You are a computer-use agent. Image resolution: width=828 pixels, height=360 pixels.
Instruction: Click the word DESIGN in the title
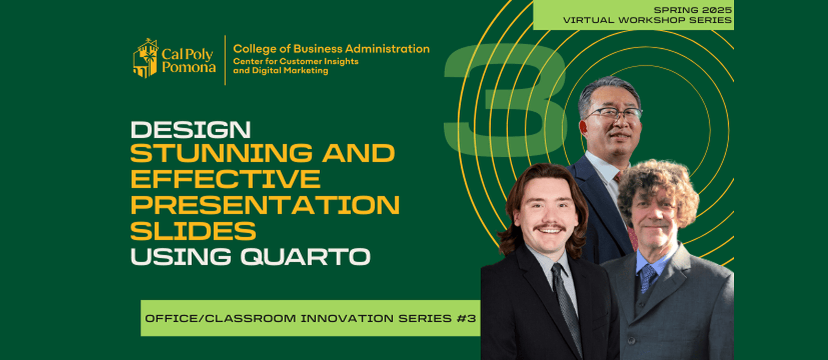[191, 129]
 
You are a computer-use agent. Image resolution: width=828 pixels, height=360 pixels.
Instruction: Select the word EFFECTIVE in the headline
[226, 179]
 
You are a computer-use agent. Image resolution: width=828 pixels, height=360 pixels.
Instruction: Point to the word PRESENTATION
[265, 205]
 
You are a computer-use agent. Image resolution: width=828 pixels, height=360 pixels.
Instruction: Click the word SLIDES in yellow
[193, 231]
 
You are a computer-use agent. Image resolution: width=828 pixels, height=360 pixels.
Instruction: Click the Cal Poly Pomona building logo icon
[146, 58]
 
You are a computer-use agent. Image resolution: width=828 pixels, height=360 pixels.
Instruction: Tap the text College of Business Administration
[331, 48]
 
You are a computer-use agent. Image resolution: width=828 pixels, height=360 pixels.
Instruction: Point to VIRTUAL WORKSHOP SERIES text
[647, 20]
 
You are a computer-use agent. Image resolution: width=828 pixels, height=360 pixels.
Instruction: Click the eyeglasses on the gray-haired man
[613, 113]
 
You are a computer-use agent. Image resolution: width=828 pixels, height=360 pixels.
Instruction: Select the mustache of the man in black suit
[549, 227]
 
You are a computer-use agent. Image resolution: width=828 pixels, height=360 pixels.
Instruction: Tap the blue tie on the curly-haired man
[648, 277]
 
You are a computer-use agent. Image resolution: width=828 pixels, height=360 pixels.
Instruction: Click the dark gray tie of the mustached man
[565, 303]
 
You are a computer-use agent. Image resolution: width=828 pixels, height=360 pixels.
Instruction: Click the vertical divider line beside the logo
[225, 60]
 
